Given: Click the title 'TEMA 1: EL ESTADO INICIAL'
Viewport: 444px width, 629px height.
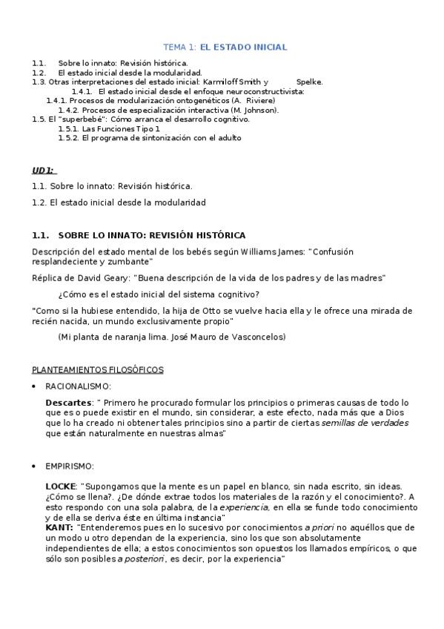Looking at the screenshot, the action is (x=225, y=47).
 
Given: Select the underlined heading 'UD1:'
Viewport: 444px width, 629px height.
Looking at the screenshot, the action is (x=43, y=171).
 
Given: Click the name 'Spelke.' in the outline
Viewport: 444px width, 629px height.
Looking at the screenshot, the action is (x=309, y=82).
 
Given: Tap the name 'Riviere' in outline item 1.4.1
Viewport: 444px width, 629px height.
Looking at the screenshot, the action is (x=259, y=100).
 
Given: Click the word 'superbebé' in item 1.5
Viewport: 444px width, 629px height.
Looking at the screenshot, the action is (x=74, y=119).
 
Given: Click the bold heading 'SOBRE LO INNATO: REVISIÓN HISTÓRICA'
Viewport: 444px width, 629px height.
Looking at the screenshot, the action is (x=151, y=235).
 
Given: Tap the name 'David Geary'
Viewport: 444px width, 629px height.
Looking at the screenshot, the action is (x=100, y=277).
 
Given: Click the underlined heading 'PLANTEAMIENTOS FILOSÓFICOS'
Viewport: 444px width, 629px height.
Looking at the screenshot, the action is (x=98, y=369).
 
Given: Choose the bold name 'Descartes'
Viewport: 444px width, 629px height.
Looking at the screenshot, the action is (x=67, y=403).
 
